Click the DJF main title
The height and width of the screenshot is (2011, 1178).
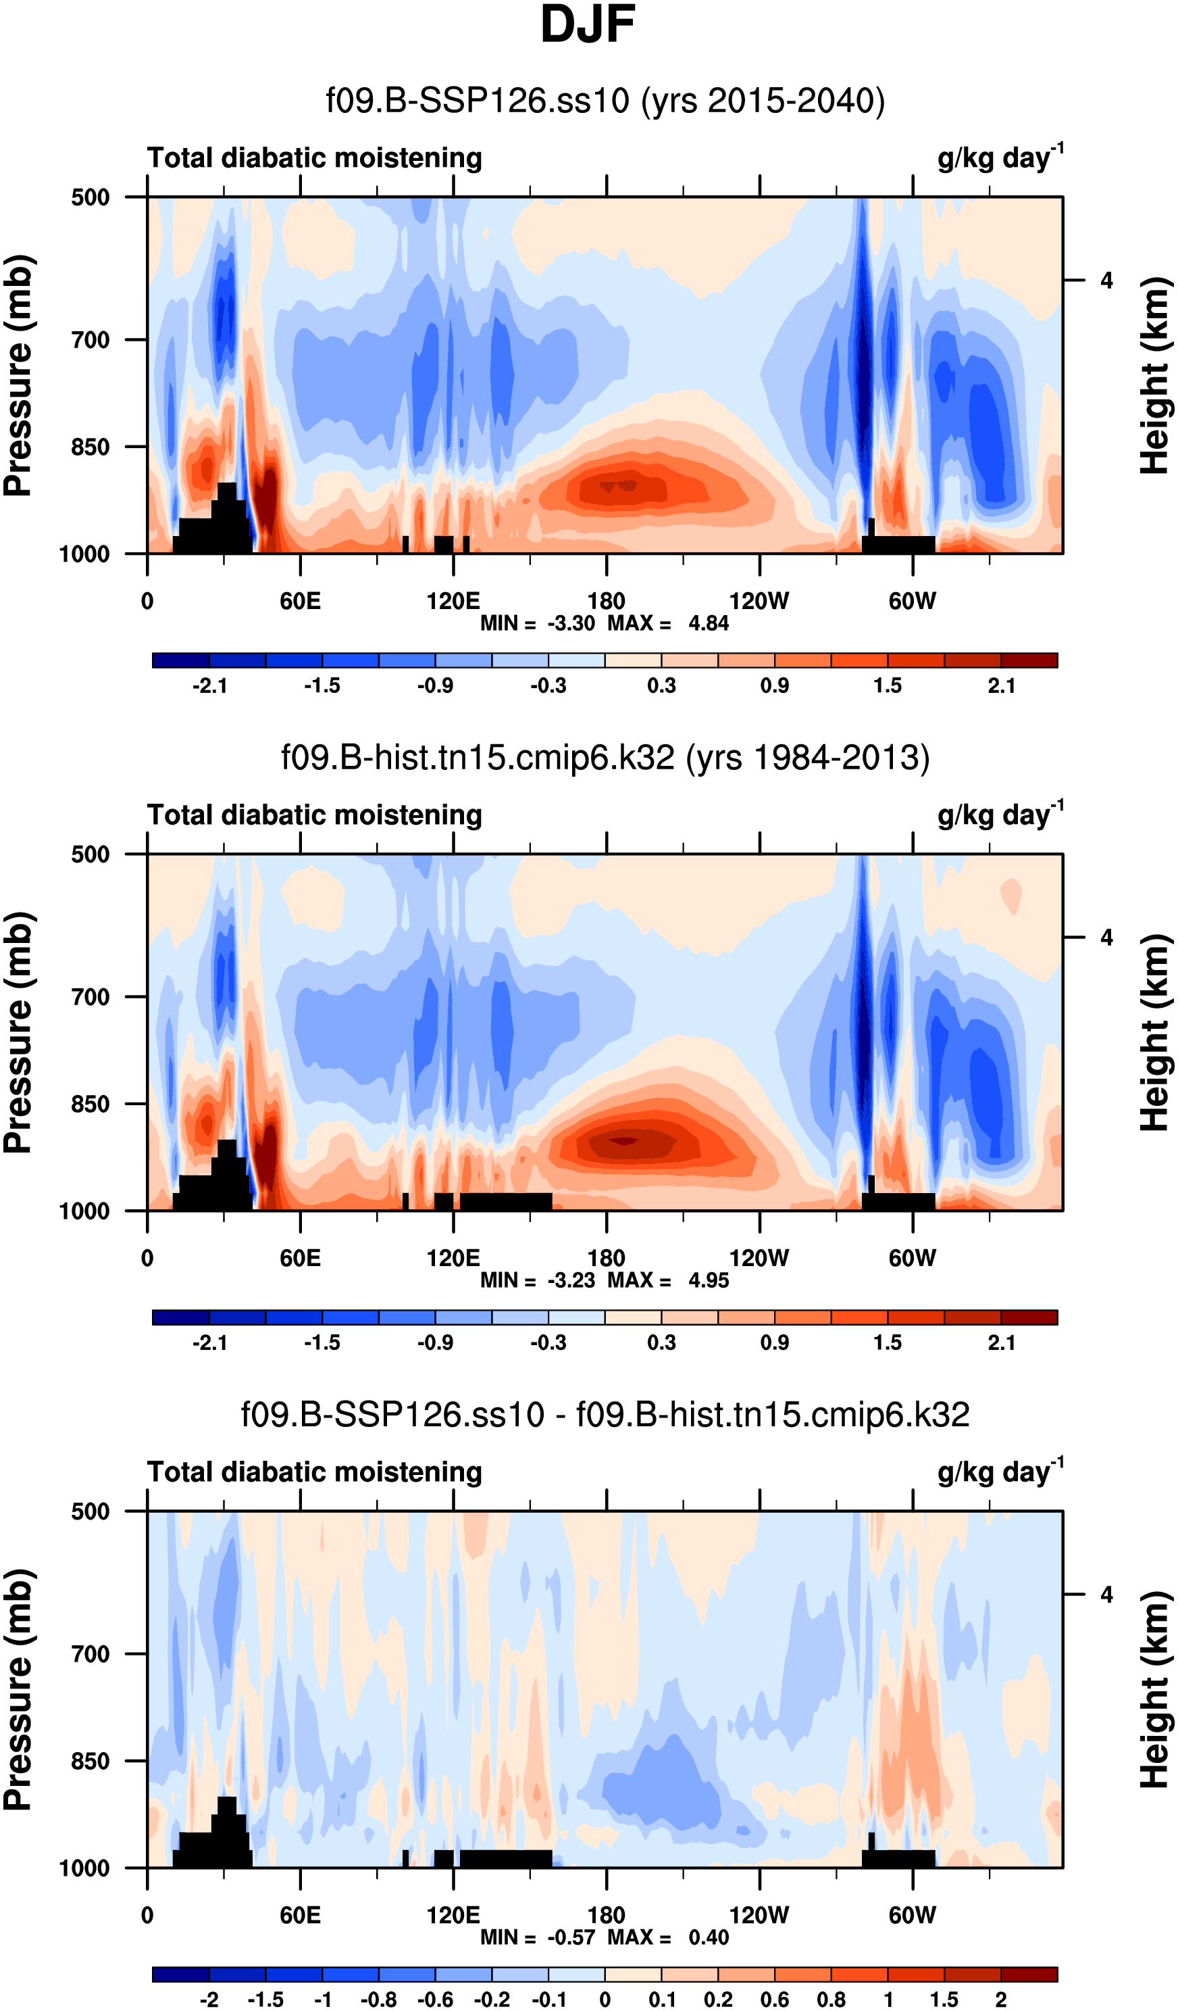[588, 26]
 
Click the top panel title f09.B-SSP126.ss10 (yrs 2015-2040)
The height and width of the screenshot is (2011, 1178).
[605, 101]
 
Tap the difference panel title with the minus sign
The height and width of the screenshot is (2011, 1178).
[605, 1414]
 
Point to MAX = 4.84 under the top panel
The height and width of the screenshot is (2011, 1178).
[668, 623]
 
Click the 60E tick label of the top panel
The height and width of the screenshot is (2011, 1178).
[300, 601]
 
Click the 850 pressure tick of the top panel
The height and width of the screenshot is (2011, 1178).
[90, 447]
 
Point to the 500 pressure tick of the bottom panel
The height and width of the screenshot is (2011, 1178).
[90, 1511]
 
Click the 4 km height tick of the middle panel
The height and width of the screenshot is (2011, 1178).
[1106, 938]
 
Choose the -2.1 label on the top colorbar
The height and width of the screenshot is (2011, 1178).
[210, 685]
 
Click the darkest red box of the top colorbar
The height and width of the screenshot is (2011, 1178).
[1029, 661]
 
